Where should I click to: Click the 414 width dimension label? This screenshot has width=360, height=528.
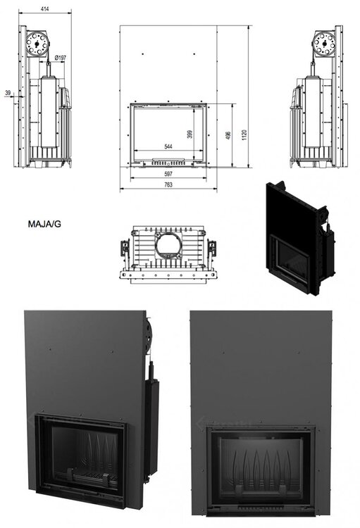pyautogui.click(x=45, y=8)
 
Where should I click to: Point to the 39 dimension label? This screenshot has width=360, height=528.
pyautogui.click(x=8, y=93)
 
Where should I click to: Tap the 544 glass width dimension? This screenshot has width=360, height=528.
pyautogui.click(x=168, y=147)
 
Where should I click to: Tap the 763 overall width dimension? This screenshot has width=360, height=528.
pyautogui.click(x=168, y=185)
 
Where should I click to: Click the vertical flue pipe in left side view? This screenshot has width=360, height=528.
pyautogui.click(x=49, y=109)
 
